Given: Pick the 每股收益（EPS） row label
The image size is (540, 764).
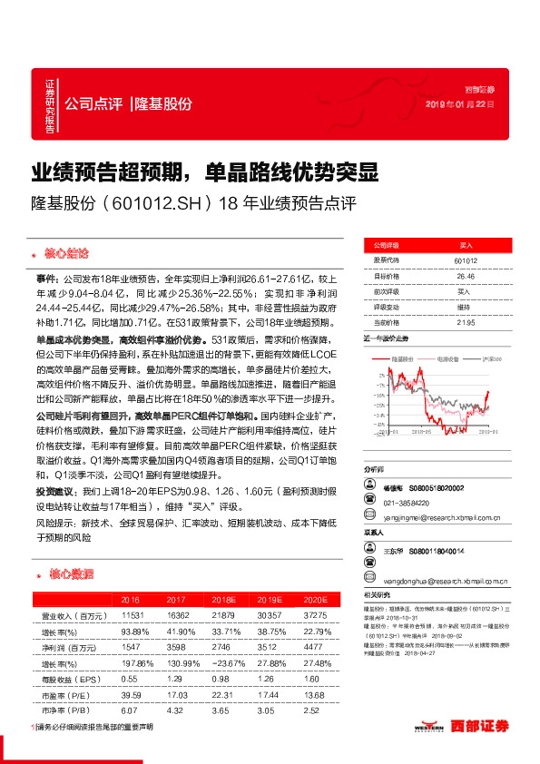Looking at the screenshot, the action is [x=68, y=680].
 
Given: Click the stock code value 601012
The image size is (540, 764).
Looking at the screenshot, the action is [x=466, y=260].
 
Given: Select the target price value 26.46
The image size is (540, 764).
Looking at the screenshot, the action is [x=466, y=276].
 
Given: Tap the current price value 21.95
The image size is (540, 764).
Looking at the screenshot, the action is [x=466, y=322].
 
